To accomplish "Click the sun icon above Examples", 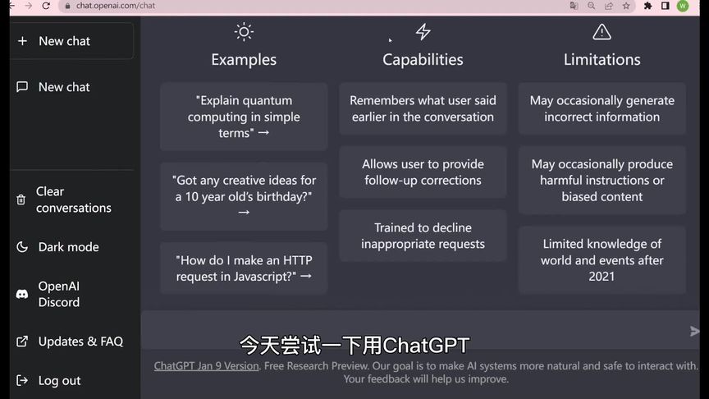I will coord(244,32).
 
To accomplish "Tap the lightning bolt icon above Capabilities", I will coord(423,32).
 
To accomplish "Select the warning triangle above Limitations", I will coord(602,32).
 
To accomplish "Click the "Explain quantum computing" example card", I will coord(244,117).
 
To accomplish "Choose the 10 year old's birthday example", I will coord(244,195).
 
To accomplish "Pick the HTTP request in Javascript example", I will coord(244,268).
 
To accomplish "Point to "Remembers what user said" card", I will coord(423,108).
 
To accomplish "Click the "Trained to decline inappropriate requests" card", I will coord(423,236).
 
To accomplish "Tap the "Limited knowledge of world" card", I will coord(602,259).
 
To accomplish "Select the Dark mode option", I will coord(68,247).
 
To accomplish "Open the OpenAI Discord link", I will coord(59,294).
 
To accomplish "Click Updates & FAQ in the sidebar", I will coord(80,342).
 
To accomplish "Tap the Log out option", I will coord(59,381).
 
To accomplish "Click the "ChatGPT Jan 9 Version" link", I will coord(206,366).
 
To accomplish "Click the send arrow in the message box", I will coord(695,332).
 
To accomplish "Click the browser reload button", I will coord(46,6).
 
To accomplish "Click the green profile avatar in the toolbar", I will coord(683,6).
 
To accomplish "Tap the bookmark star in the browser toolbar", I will coord(626,6).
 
